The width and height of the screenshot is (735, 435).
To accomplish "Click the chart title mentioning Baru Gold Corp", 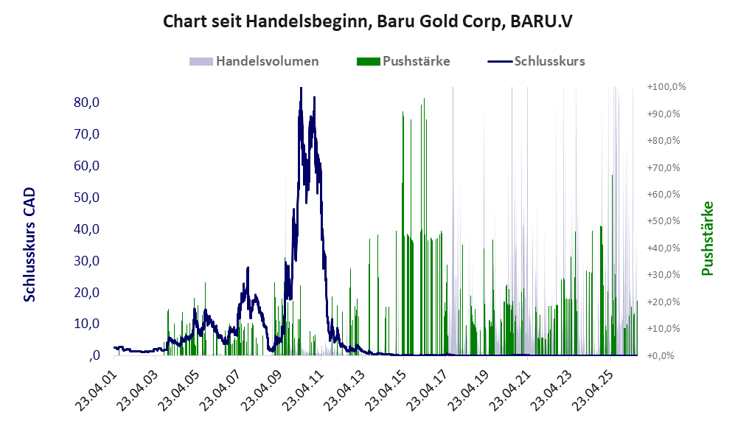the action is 367,21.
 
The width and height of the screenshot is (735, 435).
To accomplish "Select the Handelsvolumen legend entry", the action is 254,61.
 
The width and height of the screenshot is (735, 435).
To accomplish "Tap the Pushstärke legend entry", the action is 403,61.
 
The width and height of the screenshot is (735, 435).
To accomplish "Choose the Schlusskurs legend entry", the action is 536,61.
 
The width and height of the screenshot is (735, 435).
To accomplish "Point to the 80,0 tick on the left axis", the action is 87,102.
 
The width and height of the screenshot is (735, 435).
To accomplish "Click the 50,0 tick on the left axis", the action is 87,198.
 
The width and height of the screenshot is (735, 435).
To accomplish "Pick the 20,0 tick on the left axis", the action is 87,293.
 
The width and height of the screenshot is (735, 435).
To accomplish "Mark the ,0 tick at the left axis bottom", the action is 94,355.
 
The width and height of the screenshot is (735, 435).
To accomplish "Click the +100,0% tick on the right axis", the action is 666,87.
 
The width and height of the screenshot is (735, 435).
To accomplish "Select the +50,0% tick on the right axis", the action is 663,220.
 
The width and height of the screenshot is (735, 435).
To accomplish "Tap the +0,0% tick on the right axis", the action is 661,355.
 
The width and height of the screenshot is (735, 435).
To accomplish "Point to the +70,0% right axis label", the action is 663,167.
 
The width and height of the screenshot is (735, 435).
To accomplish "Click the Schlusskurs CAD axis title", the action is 29,244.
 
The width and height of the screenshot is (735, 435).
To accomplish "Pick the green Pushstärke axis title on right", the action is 707,239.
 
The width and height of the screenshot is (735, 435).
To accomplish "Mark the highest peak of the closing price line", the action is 301,88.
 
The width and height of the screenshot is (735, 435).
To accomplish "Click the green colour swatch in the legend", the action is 368,61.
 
